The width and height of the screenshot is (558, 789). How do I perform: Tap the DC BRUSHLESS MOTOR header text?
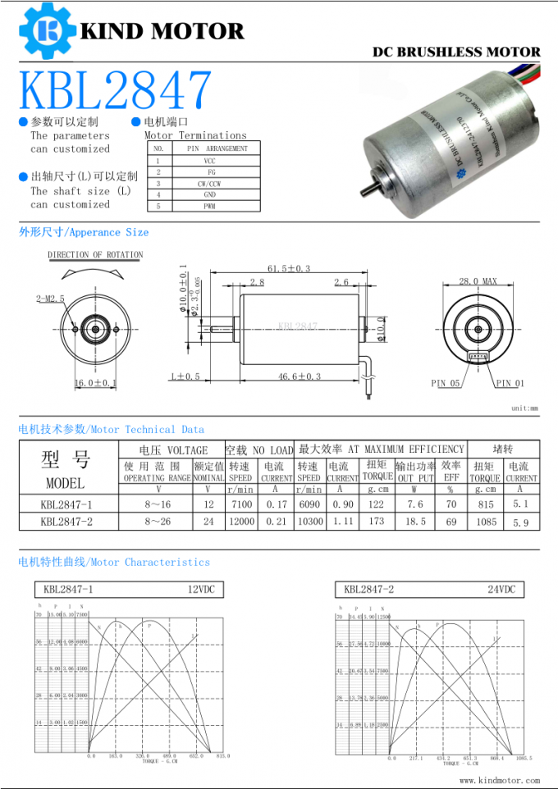(x=456, y=52)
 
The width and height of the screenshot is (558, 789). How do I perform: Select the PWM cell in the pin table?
(x=210, y=207)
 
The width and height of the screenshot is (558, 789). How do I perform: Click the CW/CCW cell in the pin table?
(x=210, y=185)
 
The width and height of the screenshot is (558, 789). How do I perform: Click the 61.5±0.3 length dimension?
(x=288, y=268)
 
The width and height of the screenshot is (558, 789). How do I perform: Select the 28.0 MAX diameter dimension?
(x=478, y=281)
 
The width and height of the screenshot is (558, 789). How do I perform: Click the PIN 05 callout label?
(x=446, y=383)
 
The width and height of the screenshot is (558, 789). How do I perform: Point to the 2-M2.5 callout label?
(x=50, y=299)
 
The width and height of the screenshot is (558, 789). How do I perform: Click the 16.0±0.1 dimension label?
(x=96, y=383)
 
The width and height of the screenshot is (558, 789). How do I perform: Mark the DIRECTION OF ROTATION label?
(x=95, y=255)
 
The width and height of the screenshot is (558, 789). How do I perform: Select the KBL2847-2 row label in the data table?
(x=66, y=522)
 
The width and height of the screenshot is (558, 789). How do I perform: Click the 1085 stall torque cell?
(x=486, y=522)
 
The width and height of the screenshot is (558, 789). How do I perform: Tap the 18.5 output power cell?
(x=415, y=522)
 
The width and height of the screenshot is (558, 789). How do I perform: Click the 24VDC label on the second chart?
(x=501, y=590)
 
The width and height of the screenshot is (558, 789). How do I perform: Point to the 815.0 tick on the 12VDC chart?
(x=222, y=756)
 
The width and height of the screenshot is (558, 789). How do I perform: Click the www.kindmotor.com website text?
(x=499, y=781)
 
